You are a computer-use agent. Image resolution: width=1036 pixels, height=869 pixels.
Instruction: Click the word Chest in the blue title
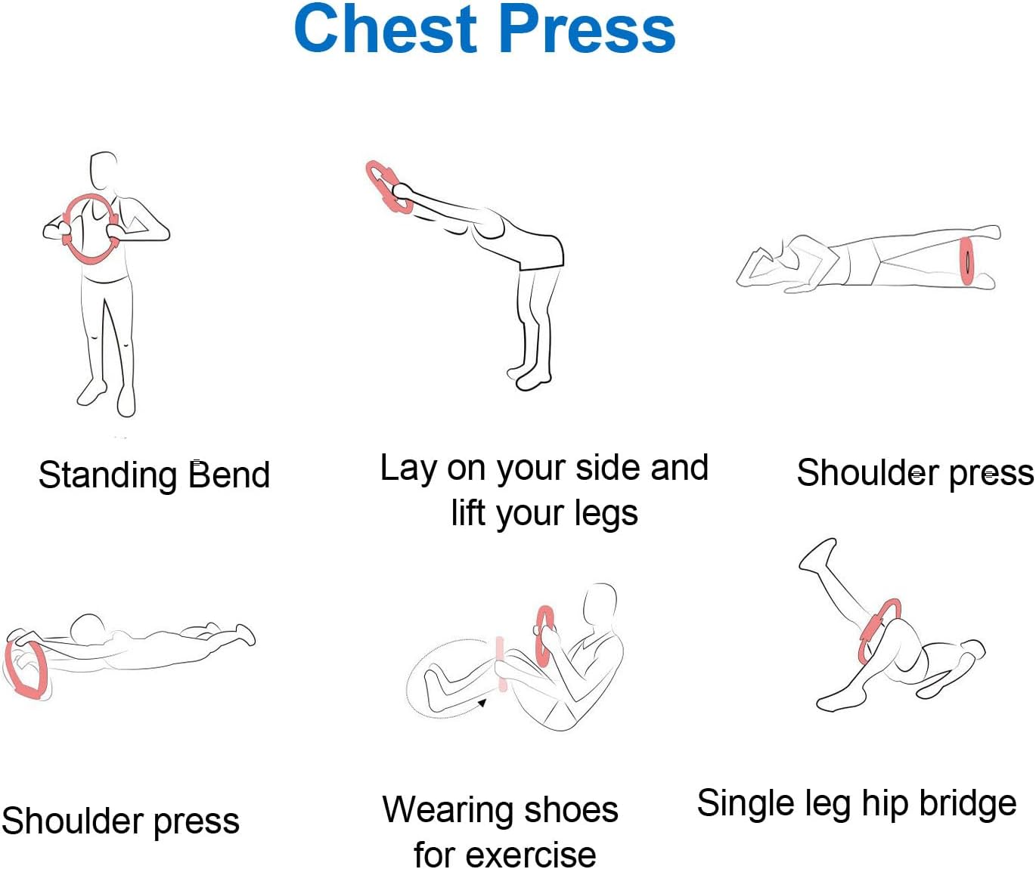(x=386, y=28)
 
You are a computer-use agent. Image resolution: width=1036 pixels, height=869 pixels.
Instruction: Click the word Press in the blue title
(x=588, y=28)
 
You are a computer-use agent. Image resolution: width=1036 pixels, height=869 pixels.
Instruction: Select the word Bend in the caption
(x=229, y=475)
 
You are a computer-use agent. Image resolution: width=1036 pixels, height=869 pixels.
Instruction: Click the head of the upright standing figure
(x=103, y=169)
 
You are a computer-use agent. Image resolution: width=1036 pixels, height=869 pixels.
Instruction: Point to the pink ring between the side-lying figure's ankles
(x=966, y=261)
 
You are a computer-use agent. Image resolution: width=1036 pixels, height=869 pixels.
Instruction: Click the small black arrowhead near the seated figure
(x=482, y=703)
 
